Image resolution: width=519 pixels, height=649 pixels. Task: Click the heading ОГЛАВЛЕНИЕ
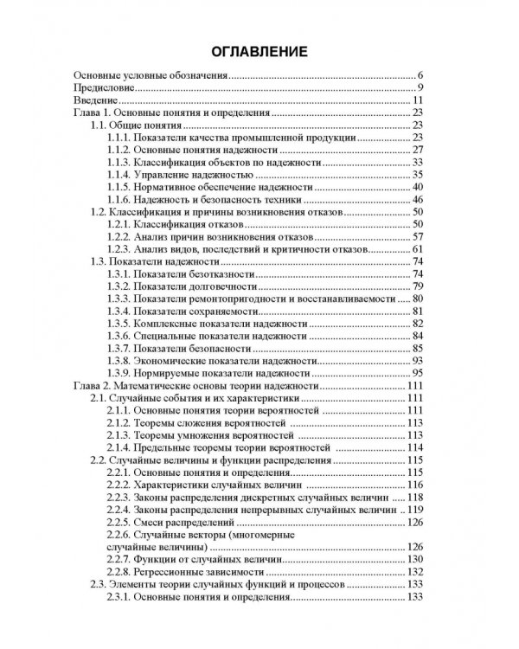pyautogui.click(x=259, y=51)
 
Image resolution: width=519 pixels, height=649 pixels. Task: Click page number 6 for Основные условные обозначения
pyautogui.click(x=418, y=76)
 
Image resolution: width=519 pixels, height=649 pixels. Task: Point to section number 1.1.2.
pyautogui.click(x=118, y=150)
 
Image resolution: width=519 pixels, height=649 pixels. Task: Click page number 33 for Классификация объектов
pyautogui.click(x=416, y=162)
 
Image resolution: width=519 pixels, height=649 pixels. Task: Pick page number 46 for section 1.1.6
pyautogui.click(x=416, y=199)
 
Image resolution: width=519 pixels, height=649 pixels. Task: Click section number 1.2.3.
pyautogui.click(x=118, y=248)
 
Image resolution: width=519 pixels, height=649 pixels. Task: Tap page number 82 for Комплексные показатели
pyautogui.click(x=416, y=323)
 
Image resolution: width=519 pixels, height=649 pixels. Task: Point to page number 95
pyautogui.click(x=416, y=372)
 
